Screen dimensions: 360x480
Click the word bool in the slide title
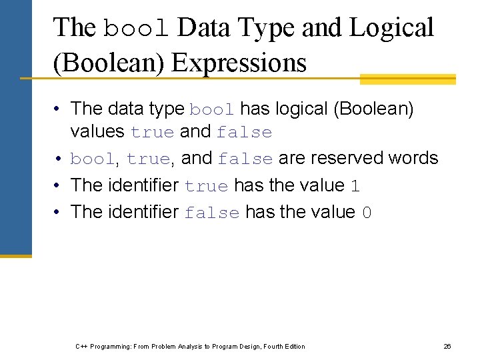pyautogui.click(x=137, y=28)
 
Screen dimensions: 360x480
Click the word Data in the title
pyautogui.click(x=205, y=28)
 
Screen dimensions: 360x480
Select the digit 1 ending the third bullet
pyautogui.click(x=355, y=186)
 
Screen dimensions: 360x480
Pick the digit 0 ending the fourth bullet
pyautogui.click(x=366, y=213)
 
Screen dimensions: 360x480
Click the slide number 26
pyautogui.click(x=447, y=346)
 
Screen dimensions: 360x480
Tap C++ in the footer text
pyautogui.click(x=81, y=346)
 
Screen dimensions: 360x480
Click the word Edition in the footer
pyautogui.click(x=293, y=346)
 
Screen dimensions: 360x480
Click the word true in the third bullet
pyautogui.click(x=206, y=186)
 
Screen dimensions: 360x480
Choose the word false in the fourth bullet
pyautogui.click(x=211, y=213)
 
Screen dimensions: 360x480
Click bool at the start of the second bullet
pyautogui.click(x=92, y=159)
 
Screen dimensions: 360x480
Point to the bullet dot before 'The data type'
pyautogui.click(x=59, y=109)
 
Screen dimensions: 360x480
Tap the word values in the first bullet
pyautogui.click(x=97, y=131)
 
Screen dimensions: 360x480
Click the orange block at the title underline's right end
pyautogui.click(x=407, y=79)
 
